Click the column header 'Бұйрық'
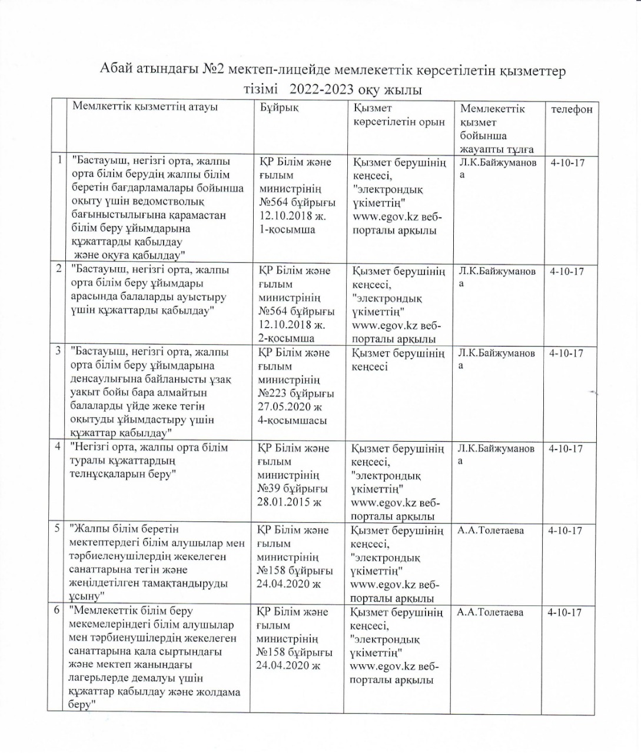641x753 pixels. point(279,109)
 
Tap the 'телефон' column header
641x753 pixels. point(571,109)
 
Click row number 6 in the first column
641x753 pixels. point(57,611)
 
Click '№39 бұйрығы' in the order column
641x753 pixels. point(292,489)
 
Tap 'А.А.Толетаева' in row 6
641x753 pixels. point(489,612)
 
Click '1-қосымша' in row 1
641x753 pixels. point(287,229)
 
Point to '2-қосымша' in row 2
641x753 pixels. point(286,338)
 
